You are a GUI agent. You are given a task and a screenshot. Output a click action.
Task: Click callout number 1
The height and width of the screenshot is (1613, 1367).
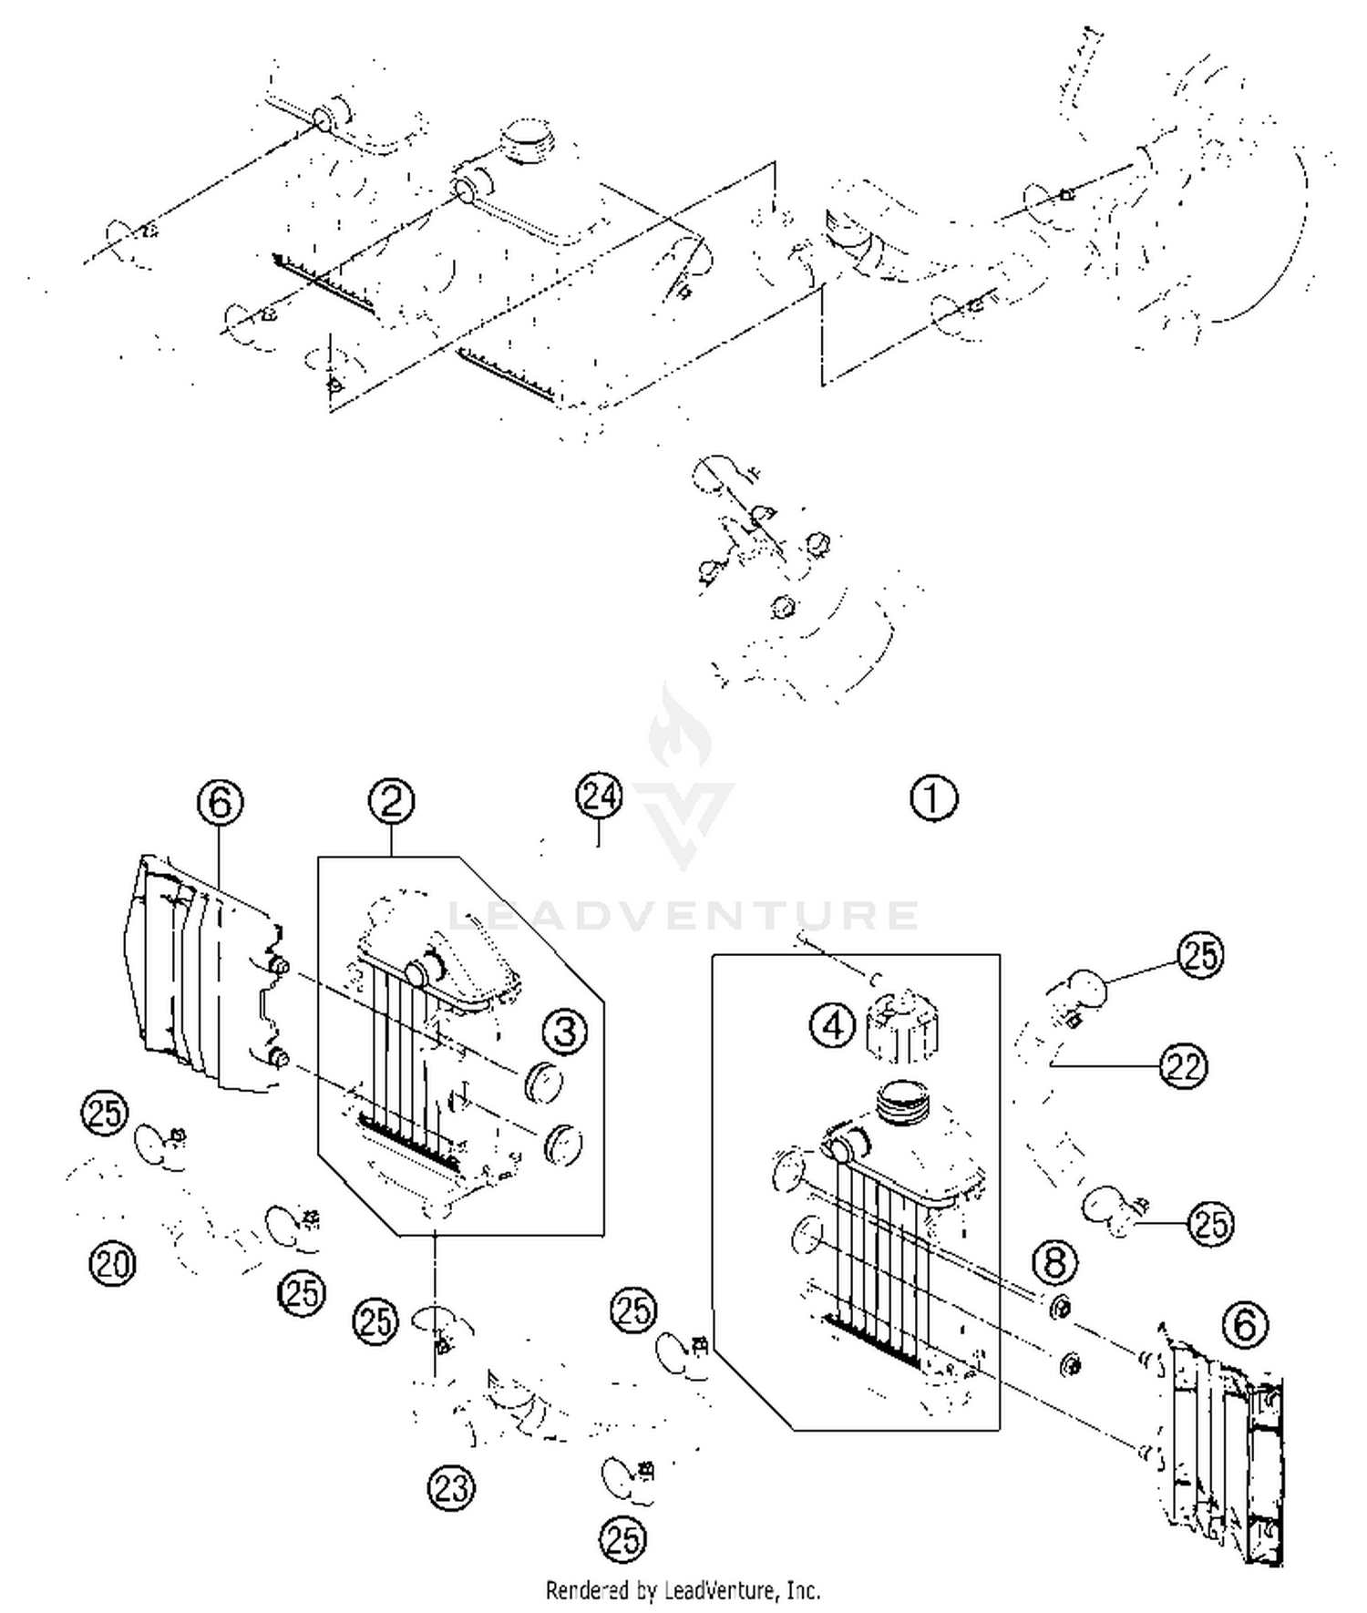[933, 798]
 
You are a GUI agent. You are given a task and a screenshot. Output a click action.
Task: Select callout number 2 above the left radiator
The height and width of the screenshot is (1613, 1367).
[391, 801]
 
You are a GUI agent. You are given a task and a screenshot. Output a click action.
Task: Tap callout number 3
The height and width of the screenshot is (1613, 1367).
[565, 1032]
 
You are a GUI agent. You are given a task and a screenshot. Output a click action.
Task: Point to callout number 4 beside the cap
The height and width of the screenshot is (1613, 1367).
[833, 1026]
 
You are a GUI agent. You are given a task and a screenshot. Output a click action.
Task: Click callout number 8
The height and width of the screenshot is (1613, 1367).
[1054, 1263]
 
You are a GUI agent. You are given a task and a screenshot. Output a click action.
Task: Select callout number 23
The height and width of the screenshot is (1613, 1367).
[451, 1488]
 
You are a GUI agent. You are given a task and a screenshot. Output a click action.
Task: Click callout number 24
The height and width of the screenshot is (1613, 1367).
[599, 796]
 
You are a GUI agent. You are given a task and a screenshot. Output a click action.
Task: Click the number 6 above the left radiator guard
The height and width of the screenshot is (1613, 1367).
[221, 803]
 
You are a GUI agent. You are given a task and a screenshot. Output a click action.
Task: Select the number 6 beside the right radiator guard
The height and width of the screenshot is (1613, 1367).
[1245, 1324]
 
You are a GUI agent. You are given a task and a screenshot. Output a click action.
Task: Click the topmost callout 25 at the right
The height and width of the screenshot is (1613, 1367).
[1200, 955]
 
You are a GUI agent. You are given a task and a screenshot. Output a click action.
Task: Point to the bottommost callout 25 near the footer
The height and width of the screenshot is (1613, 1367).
[622, 1540]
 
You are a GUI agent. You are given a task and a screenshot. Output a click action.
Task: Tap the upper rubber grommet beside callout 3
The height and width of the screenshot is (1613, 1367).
[544, 1083]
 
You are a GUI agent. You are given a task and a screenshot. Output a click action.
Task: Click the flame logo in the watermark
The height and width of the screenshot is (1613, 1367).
[680, 729]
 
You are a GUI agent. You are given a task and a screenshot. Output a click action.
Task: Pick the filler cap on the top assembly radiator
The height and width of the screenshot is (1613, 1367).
[526, 141]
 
